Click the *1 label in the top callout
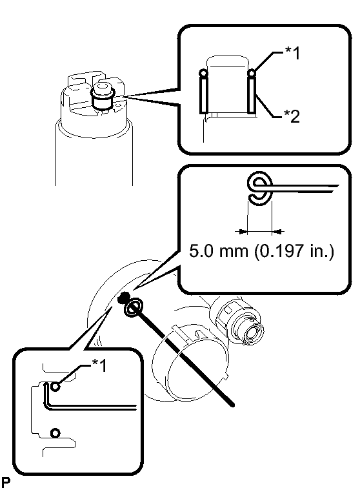[x=292, y=53]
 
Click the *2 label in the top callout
[x=292, y=116]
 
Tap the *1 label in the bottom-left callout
[x=99, y=365]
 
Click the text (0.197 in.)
[x=294, y=251]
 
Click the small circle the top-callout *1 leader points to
[x=252, y=74]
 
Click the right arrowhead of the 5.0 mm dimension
[x=277, y=232]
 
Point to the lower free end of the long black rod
[x=233, y=405]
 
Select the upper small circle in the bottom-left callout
[x=55, y=387]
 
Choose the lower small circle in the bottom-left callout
[x=55, y=433]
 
